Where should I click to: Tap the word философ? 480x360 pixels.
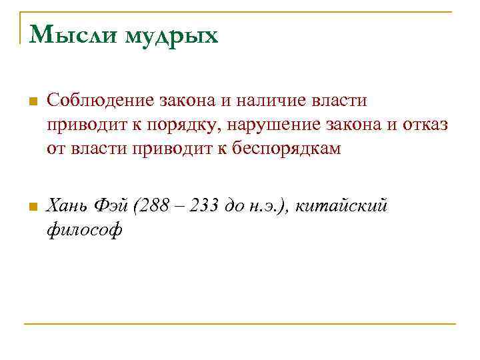(85, 231)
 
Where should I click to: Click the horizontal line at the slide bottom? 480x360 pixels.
(240, 324)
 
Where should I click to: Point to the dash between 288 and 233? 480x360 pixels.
(180, 207)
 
